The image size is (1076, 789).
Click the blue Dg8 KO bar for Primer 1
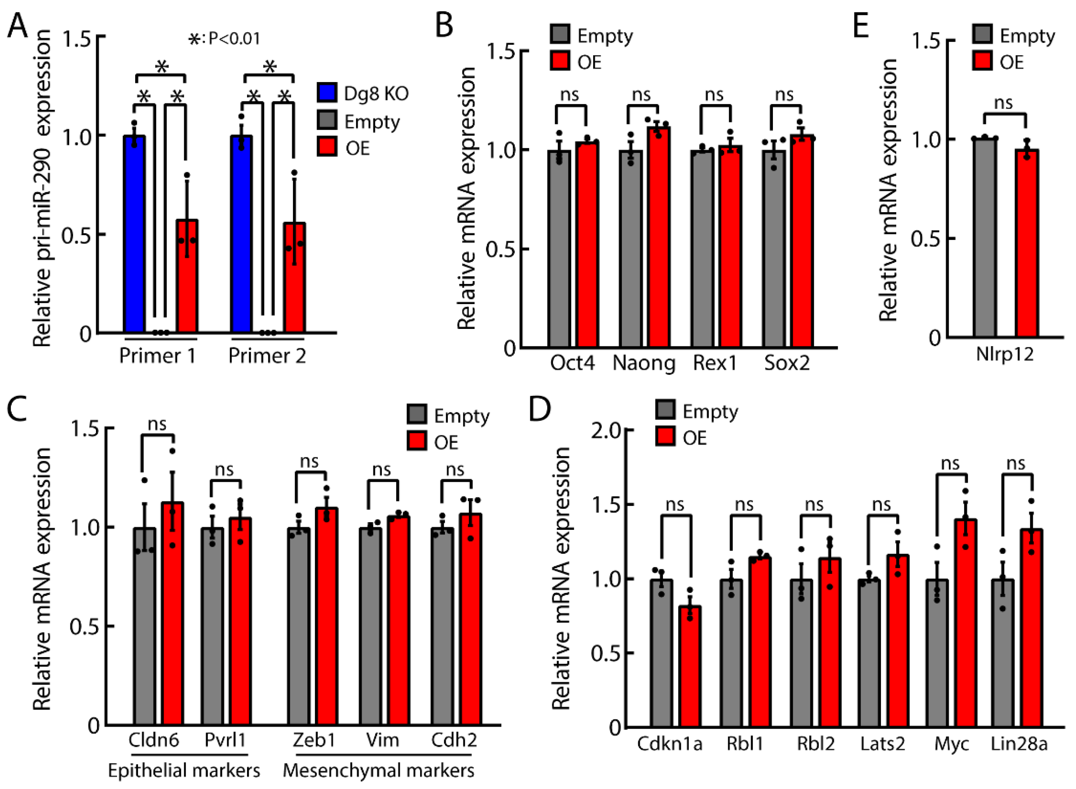pyautogui.click(x=134, y=234)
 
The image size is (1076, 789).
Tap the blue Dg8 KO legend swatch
pyautogui.click(x=327, y=92)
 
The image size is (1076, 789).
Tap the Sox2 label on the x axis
pyautogui.click(x=787, y=363)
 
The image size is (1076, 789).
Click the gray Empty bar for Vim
pyautogui.click(x=370, y=627)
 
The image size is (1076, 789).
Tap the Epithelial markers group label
pyautogui.click(x=184, y=770)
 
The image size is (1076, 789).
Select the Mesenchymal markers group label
pyautogui.click(x=379, y=770)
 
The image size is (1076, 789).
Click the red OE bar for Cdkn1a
pyautogui.click(x=690, y=666)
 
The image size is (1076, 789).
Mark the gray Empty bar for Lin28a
pyautogui.click(x=1002, y=653)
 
